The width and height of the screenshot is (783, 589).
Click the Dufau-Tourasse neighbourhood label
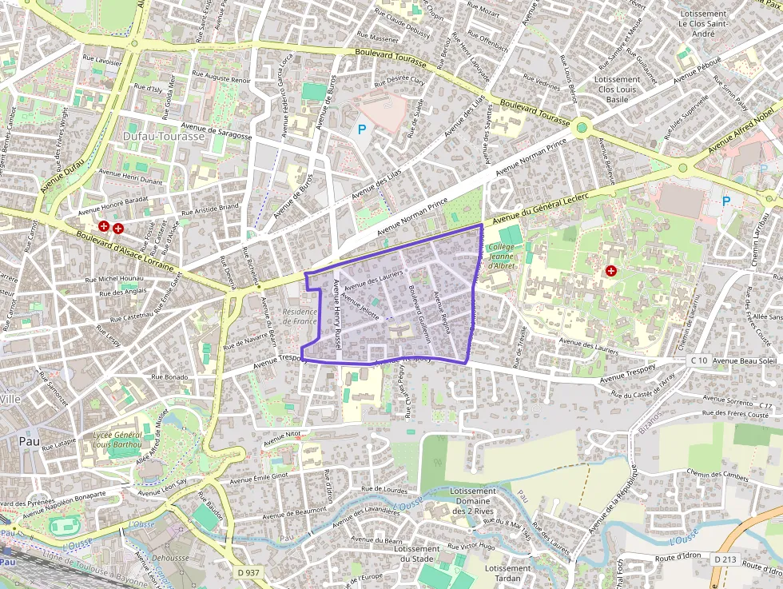pos(163,137)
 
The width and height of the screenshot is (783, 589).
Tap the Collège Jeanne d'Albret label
pos(501,256)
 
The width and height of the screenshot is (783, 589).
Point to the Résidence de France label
pos(300,316)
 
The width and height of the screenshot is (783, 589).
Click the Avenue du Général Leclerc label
pos(540,209)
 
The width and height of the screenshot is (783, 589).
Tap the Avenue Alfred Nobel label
pos(742,128)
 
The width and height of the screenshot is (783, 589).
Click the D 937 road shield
pos(249,572)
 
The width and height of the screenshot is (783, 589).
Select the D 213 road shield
pos(724,558)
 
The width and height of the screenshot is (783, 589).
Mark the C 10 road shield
pos(698,360)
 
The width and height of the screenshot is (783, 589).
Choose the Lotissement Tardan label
pos(507,574)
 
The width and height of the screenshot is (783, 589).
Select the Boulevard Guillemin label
pos(419,314)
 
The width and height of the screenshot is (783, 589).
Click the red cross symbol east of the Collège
pos(611,271)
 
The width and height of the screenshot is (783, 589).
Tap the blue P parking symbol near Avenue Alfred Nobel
pos(725,201)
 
